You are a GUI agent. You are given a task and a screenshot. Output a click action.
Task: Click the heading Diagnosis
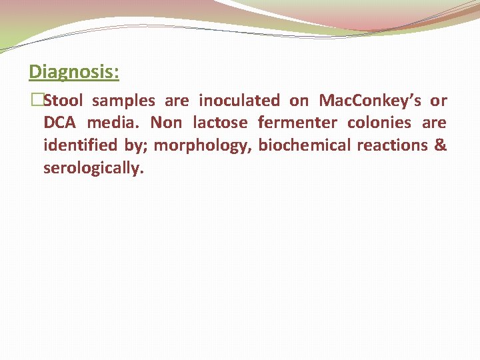[74, 71]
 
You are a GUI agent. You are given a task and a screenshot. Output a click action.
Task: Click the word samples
[123, 101]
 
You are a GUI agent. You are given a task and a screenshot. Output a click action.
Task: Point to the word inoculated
[239, 101]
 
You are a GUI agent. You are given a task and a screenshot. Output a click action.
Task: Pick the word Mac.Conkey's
[370, 101]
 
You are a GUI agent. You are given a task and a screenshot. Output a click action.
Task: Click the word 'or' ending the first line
[439, 101]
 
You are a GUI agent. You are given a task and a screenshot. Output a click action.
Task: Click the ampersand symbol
[440, 145]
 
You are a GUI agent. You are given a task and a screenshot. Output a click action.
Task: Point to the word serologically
[93, 168]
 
